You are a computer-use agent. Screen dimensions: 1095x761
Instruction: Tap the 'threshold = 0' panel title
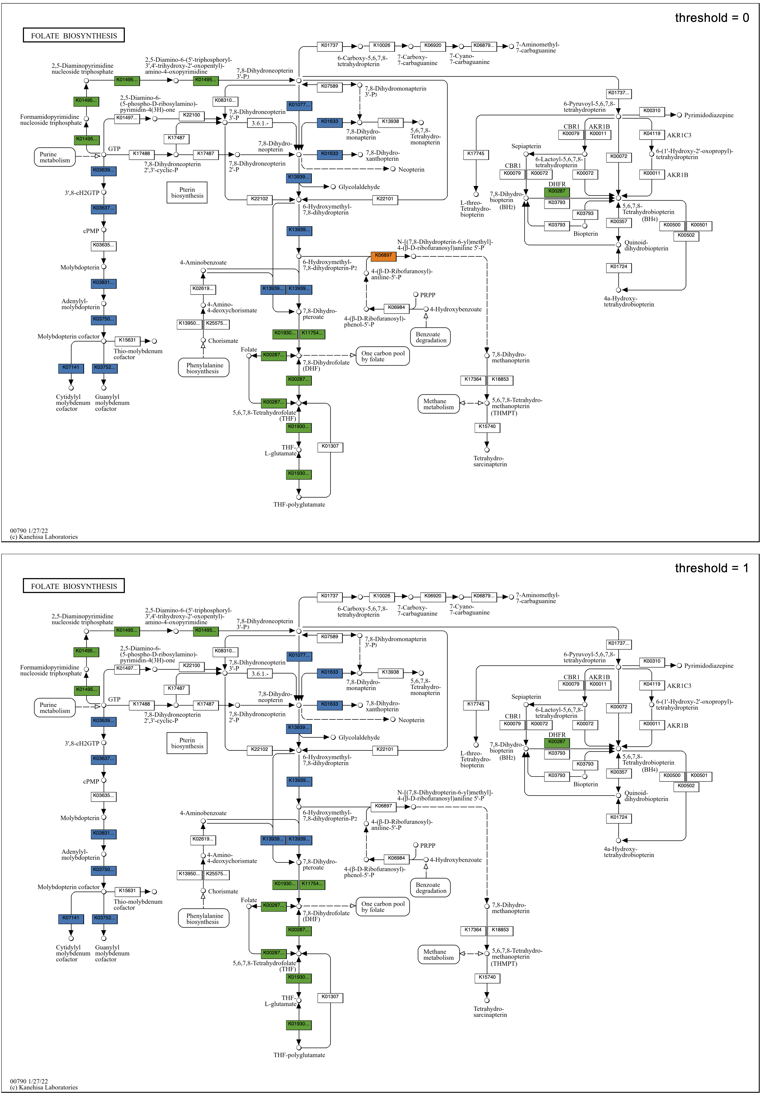coord(711,18)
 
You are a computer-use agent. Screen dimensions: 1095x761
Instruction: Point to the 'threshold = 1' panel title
coord(711,569)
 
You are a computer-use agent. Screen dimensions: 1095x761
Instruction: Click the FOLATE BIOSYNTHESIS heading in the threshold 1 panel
coord(74,586)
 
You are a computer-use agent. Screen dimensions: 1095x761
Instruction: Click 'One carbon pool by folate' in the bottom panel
coord(383,907)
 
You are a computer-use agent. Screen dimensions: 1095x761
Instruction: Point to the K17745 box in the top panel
coord(476,154)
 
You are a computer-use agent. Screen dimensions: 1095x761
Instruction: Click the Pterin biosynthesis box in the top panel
coord(187,193)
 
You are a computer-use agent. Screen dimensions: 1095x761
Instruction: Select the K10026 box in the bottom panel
coord(381,596)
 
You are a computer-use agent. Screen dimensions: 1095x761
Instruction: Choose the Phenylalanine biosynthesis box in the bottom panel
coord(204,919)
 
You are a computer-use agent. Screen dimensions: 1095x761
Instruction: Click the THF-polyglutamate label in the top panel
coord(299,505)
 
